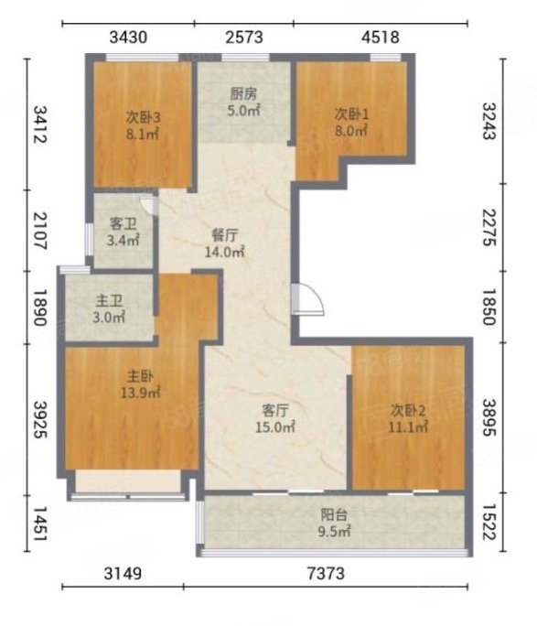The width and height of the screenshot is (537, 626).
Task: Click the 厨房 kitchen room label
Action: pos(243,94)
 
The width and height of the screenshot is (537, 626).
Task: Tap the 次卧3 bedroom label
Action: pos(144,117)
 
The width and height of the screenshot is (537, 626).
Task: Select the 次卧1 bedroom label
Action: pos(351,114)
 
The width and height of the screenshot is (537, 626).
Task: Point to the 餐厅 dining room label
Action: pos(225,235)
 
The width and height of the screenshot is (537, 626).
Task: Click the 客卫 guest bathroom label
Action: pos(123,224)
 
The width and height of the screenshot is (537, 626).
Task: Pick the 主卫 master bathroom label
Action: pos(109,301)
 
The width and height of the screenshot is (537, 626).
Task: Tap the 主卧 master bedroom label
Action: pos(140,376)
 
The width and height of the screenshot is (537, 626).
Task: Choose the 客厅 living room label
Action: pos(274,410)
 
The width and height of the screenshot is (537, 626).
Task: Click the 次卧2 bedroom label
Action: pos(408,410)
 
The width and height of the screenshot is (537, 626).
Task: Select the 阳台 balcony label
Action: pos(334,515)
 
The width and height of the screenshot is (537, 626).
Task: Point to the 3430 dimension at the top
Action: pos(128,38)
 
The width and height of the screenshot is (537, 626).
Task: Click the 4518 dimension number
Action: pos(381,38)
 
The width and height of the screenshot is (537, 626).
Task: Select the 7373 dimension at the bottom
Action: pos(326,574)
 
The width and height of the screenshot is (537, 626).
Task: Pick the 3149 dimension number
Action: pos(123,574)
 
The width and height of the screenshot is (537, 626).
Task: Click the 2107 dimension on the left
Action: pos(40,231)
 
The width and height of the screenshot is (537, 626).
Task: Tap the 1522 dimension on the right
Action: pos(489,523)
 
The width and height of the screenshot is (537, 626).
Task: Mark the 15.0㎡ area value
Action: pos(274,427)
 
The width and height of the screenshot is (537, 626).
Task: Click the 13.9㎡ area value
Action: pos(141,394)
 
